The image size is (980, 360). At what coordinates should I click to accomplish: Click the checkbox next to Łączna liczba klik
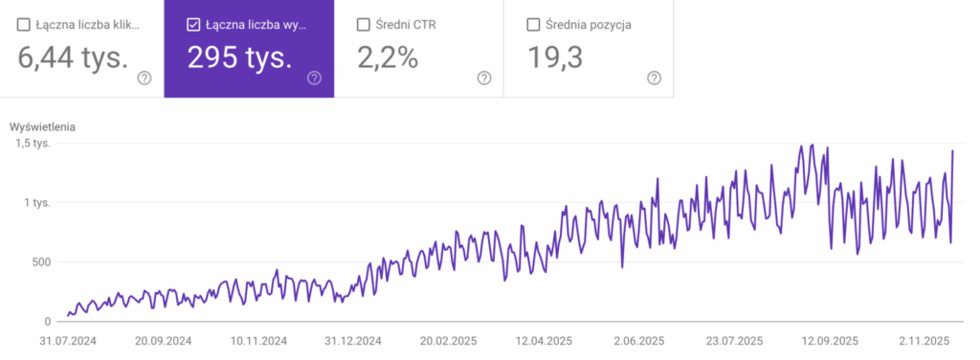[x=24, y=25]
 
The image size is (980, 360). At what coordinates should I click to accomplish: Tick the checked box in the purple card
[x=193, y=25]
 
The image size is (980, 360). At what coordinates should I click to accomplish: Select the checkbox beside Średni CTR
[x=364, y=25]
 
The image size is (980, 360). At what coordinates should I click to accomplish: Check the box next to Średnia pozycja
[x=534, y=25]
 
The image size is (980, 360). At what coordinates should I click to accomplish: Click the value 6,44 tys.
[x=73, y=58]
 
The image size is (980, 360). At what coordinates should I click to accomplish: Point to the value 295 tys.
[x=239, y=58]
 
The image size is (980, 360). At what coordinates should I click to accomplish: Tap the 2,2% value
[x=388, y=58]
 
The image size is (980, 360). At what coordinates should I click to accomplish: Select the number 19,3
[x=555, y=58]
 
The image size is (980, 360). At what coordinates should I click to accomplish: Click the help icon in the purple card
[x=314, y=79]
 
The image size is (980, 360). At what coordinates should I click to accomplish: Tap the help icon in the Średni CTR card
[x=484, y=79]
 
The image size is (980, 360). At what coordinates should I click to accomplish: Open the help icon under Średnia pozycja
[x=654, y=79]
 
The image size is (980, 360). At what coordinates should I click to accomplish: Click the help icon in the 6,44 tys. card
[x=145, y=79]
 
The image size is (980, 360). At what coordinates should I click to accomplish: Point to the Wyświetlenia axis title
[x=42, y=126]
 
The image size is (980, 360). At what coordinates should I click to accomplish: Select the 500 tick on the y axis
[x=38, y=262]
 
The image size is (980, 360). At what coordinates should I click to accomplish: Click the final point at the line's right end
[x=953, y=151]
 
